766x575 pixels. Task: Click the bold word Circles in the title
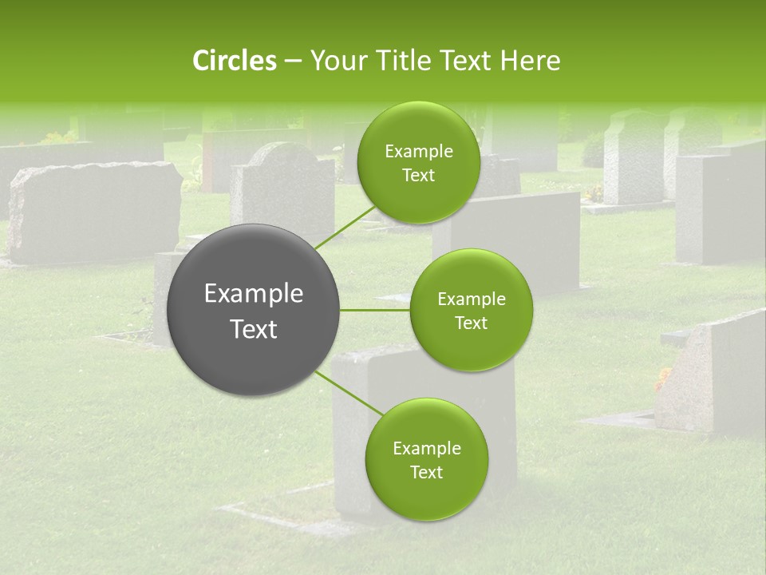coord(234,61)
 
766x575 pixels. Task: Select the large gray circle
coord(254,310)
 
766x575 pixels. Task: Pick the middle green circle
coord(471,310)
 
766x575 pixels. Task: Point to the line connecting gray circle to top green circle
coord(345,227)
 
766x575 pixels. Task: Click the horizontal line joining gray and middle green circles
coord(374,310)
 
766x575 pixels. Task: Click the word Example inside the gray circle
coord(254,294)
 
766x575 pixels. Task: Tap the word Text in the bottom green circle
coord(426,472)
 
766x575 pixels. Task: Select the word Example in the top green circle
coord(418,152)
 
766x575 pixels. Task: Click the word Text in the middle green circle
coord(471,323)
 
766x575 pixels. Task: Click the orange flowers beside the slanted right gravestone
coord(663,379)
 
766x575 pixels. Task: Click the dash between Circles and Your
coord(292,61)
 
